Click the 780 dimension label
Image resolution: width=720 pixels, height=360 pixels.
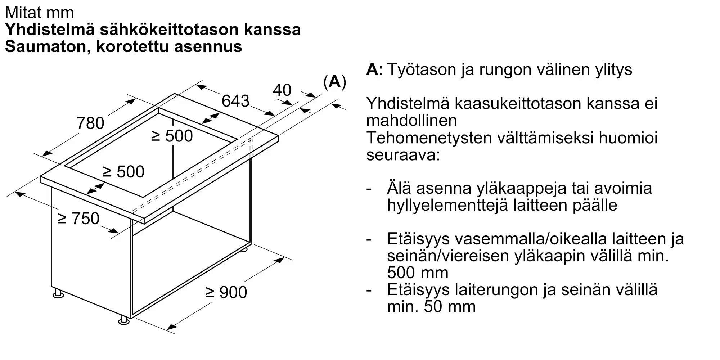90,123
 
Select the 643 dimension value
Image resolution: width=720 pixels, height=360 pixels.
235,101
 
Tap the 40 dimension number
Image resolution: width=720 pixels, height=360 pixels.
282,90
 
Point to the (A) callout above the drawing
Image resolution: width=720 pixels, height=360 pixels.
334,82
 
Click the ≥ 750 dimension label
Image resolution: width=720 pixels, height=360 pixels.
78,219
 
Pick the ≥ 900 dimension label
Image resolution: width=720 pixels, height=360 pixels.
226,292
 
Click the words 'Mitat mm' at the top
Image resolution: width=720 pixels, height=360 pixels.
40,13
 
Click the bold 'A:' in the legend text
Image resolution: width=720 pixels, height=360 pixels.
374,69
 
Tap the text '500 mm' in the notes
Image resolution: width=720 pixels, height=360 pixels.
418,273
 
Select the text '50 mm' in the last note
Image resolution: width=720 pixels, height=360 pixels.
450,306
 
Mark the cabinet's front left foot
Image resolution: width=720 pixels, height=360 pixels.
58,294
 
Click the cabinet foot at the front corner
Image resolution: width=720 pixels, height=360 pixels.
124,320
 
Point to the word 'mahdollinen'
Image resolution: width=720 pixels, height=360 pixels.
411,120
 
